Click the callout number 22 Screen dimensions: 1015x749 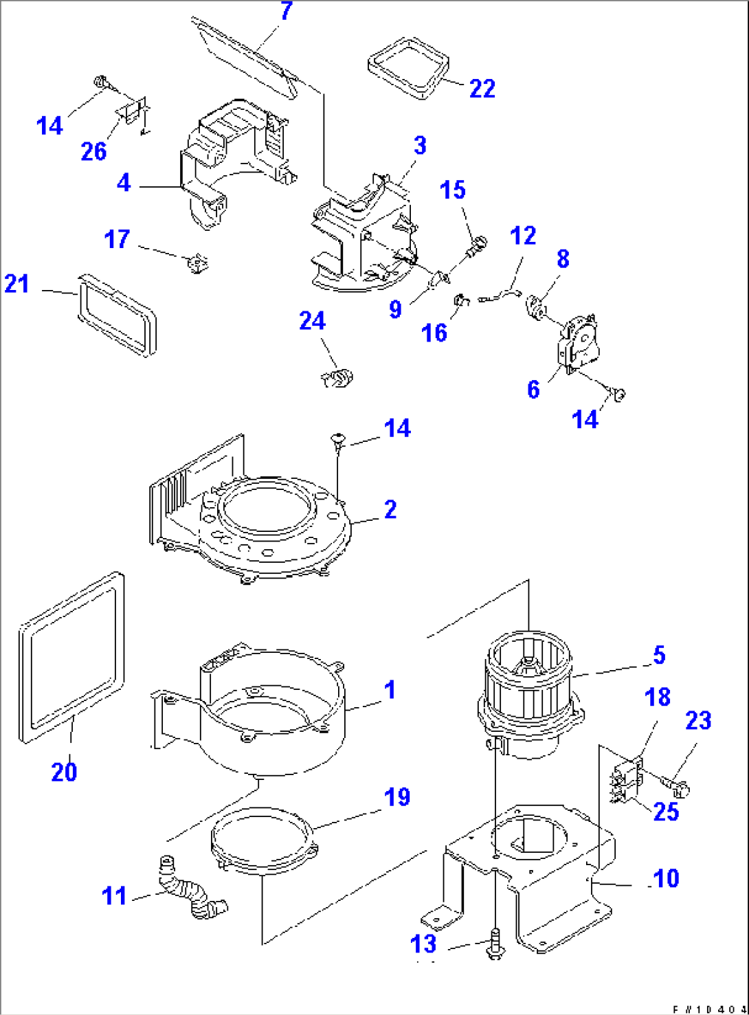482,89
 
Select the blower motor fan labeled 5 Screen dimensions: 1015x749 529,694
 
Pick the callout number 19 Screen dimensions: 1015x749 397,798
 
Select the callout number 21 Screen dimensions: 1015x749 17,283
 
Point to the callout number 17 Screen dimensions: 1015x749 117,239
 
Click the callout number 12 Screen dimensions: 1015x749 523,236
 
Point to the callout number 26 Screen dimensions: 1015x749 94,152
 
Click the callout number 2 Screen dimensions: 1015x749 390,510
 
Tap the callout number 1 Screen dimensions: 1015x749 390,689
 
